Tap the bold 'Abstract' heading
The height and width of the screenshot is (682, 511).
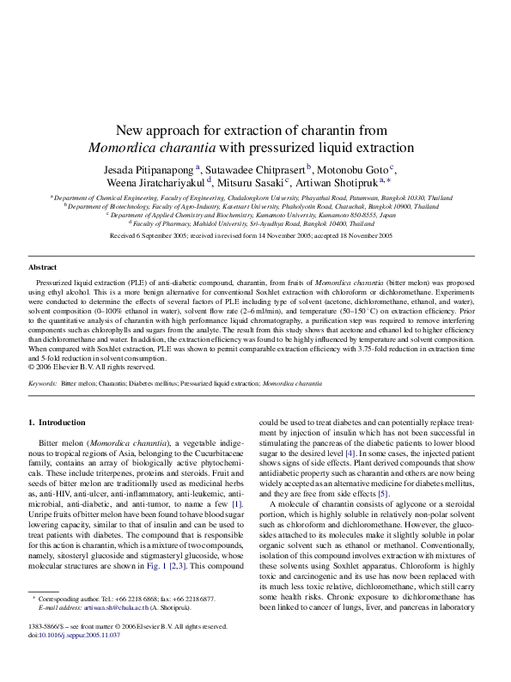tap(43, 267)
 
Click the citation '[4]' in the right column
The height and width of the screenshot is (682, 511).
tap(350, 451)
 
